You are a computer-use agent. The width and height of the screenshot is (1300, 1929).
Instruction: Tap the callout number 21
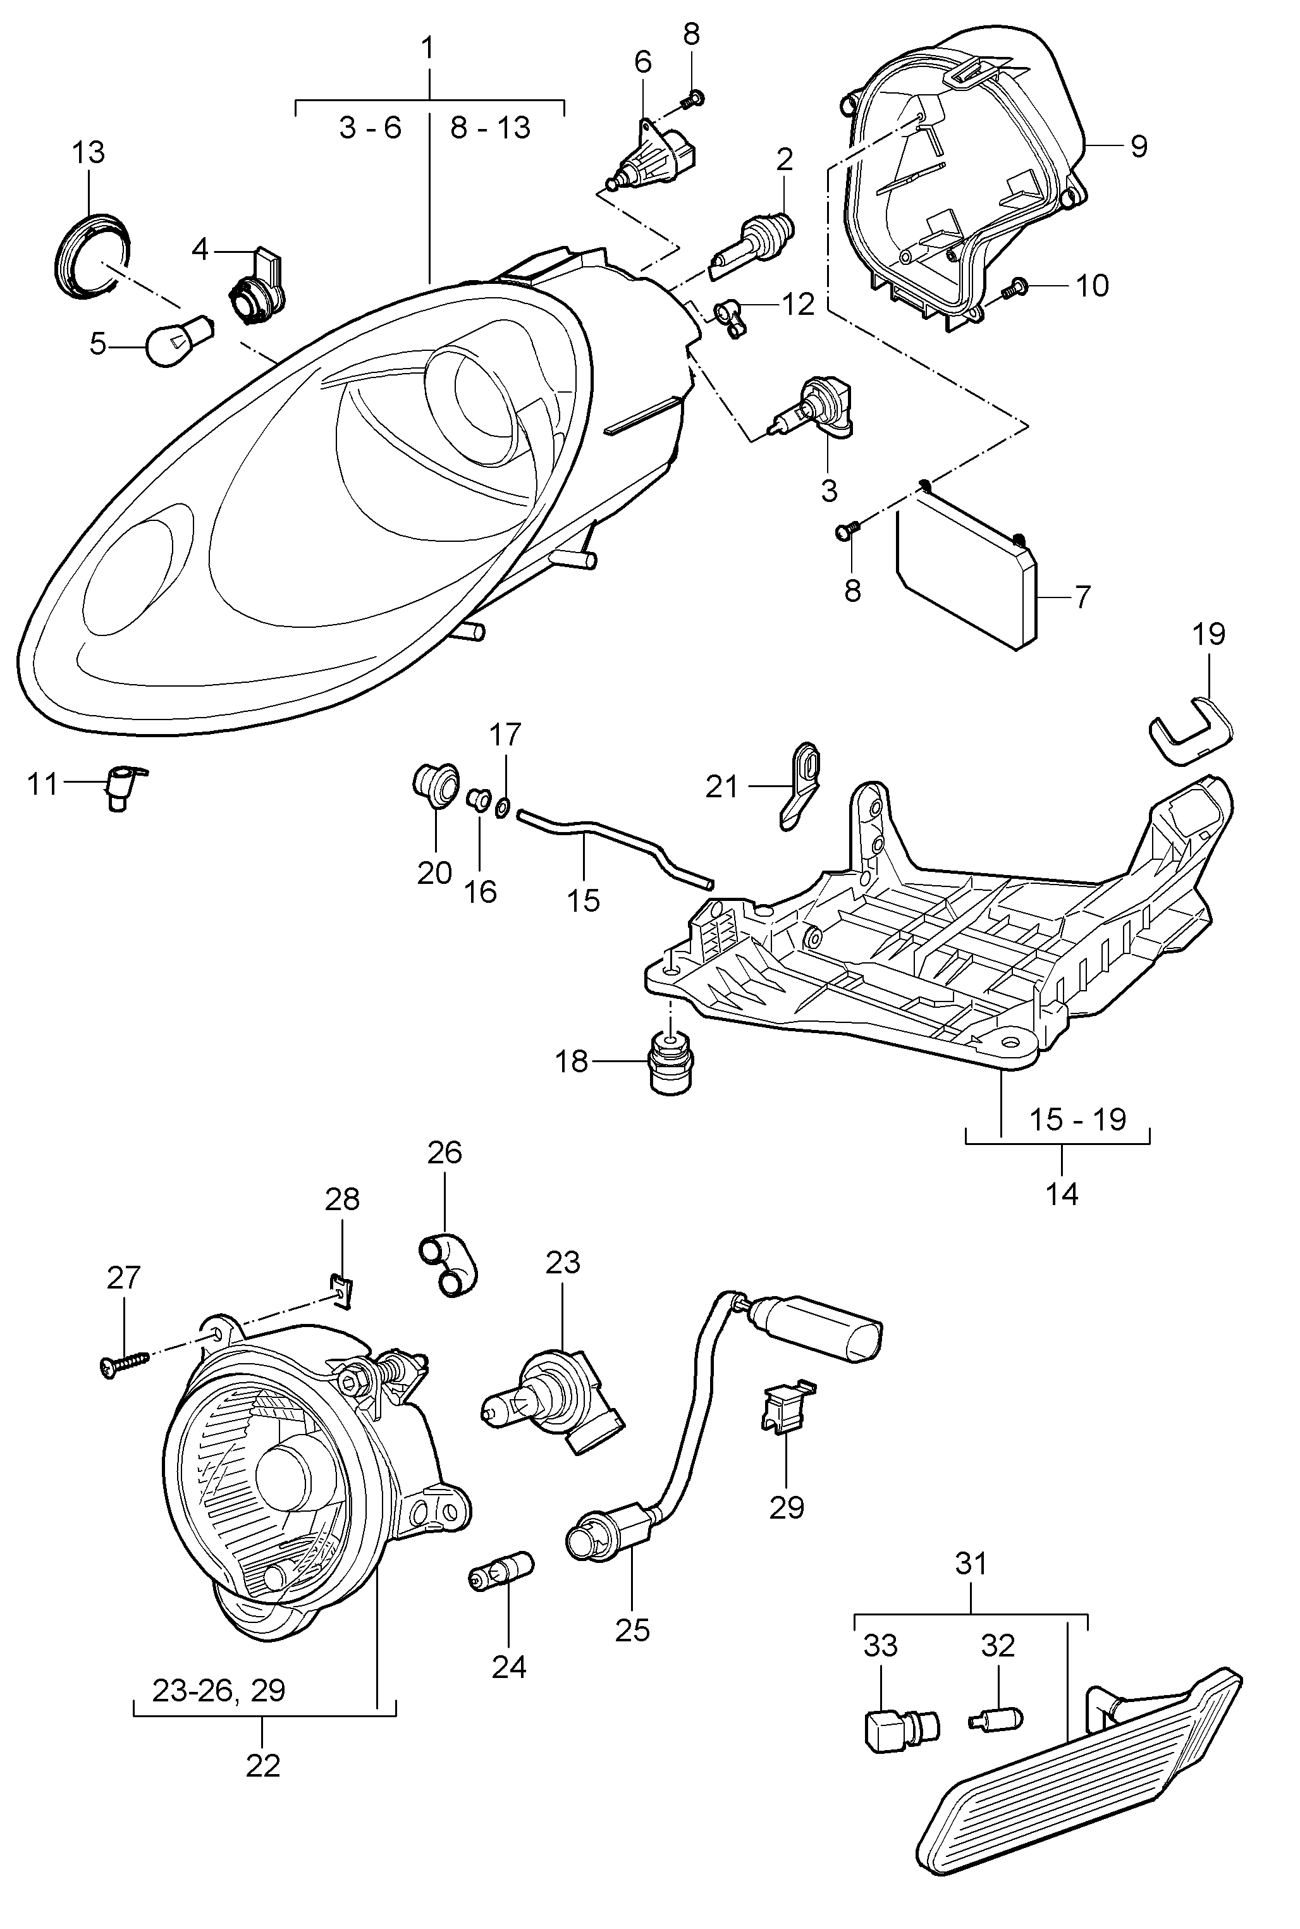coord(721,785)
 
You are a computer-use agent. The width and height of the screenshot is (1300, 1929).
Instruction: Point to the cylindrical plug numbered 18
coord(669,1065)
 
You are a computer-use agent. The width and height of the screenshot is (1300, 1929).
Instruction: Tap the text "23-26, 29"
coord(219,1690)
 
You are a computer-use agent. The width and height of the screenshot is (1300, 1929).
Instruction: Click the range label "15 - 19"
coord(1078,1119)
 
